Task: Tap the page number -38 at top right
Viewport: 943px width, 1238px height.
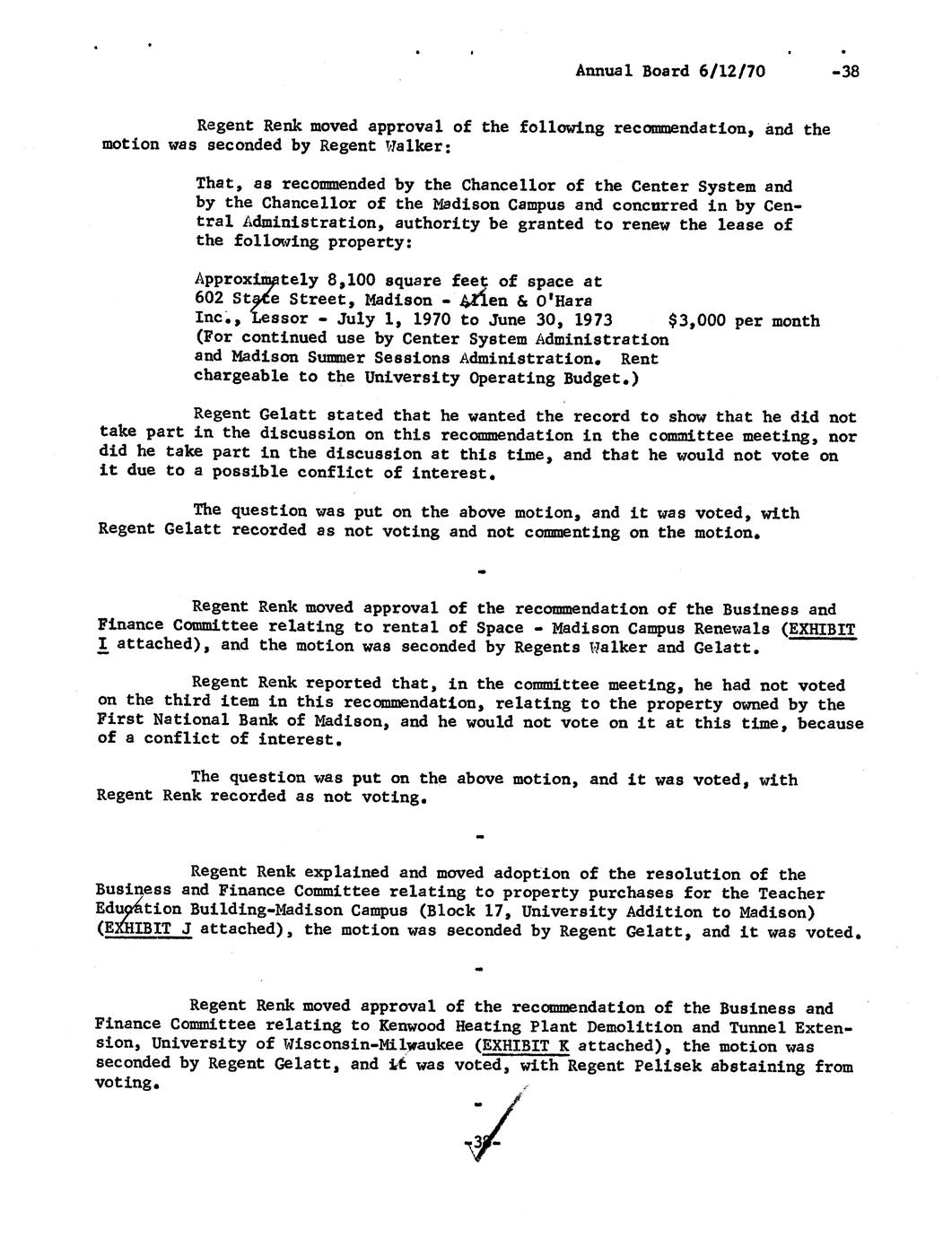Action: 844,71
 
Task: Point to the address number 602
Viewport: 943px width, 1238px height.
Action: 208,300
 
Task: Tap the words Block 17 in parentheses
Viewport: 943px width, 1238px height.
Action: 452,911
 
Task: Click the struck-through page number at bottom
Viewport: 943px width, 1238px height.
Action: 482,1142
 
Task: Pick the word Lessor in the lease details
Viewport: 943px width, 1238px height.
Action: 283,320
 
